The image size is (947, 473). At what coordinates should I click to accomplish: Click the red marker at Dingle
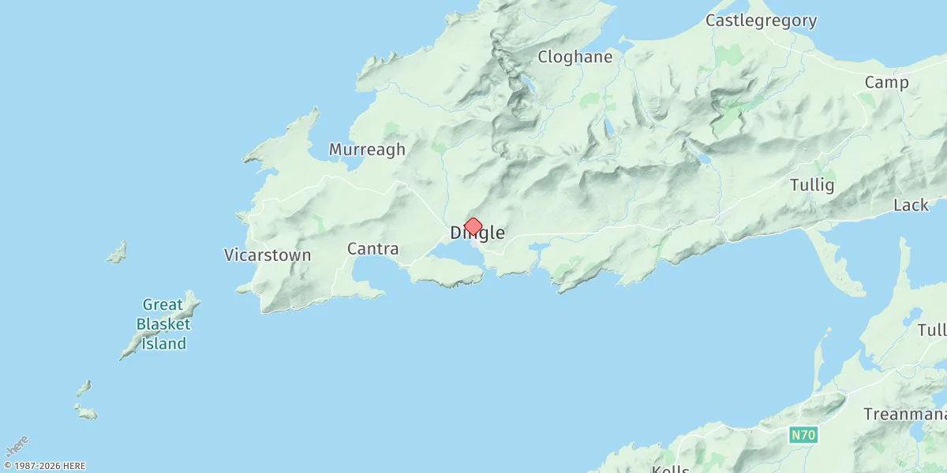(473, 227)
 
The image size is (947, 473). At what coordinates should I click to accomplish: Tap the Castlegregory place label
(761, 20)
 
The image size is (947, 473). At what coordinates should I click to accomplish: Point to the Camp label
(886, 83)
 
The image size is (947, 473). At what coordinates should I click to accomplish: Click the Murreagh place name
(367, 149)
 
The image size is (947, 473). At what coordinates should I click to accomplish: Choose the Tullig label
(812, 185)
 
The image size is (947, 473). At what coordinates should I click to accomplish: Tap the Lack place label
(911, 205)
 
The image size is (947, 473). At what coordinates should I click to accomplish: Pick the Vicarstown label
(268, 255)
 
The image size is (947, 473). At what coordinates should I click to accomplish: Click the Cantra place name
(372, 249)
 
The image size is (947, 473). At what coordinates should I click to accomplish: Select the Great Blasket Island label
(163, 324)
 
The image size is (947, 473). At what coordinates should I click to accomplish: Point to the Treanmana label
(904, 414)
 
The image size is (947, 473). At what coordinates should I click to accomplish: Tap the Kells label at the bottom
(671, 469)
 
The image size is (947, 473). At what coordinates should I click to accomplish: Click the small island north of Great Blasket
(117, 253)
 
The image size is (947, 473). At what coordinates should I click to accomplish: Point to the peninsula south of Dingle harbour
(447, 273)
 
